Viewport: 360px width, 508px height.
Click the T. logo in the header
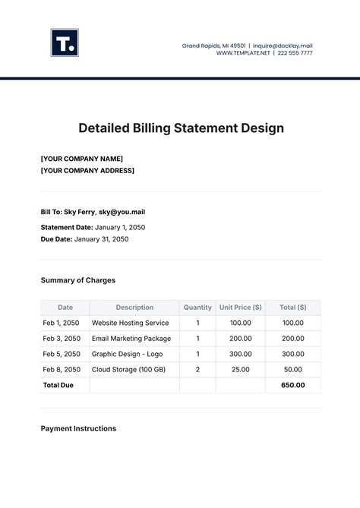65,43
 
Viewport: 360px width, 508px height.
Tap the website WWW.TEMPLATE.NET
244,53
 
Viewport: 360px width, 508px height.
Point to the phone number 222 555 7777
295,53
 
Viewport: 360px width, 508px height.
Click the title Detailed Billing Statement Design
181,128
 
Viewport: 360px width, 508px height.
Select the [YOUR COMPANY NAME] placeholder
81,159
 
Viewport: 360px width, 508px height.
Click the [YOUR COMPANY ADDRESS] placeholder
87,170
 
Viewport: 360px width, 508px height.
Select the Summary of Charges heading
77,280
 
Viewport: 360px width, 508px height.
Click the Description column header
134,308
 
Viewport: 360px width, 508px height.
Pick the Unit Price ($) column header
240,308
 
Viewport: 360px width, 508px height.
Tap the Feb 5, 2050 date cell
61,354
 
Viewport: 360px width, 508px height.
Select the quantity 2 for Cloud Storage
197,369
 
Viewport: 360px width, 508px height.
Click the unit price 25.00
240,369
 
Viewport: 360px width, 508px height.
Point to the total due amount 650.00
292,385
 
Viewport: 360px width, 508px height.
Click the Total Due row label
58,385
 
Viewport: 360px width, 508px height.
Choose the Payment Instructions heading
78,428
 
